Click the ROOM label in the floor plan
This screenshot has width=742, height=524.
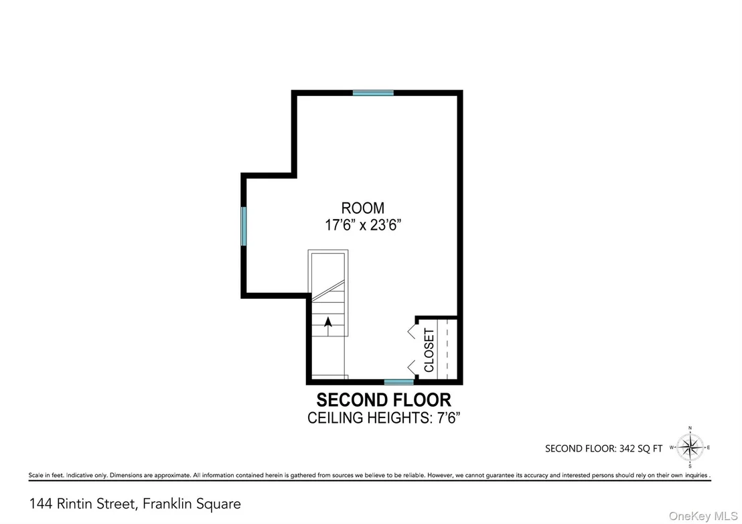pos(363,208)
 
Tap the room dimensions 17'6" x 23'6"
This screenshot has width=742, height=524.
pos(363,225)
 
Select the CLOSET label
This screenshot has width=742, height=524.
pos(429,350)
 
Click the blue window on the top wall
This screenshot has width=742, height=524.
pos(373,93)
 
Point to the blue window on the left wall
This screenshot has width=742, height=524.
pos(244,226)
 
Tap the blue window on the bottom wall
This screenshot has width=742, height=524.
pos(399,382)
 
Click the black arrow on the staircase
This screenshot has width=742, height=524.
pos(327,323)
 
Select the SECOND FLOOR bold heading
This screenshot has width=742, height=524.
pos(384,400)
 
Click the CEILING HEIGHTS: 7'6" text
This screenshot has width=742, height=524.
pos(384,418)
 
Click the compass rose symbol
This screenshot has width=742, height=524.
pos(690,448)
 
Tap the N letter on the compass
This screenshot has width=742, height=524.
pos(690,428)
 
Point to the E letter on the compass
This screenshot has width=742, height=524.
pos(709,448)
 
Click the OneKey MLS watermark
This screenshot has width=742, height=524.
pos(703,517)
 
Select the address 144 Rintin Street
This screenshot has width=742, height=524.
pos(83,504)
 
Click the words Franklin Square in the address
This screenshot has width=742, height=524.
pos(192,504)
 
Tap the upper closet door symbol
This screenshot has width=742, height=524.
pos(412,330)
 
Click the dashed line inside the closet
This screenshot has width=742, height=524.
pos(447,349)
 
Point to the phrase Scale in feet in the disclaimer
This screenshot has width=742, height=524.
pos(46,475)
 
